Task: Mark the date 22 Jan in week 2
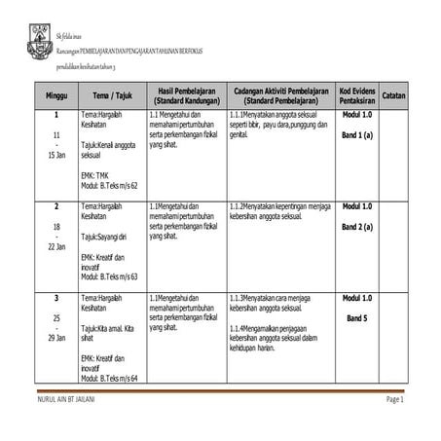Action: tap(56, 246)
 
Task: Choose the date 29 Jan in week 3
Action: tap(56, 337)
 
